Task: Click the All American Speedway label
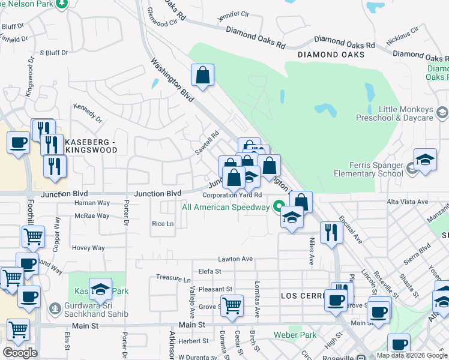226,208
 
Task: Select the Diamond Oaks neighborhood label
331,55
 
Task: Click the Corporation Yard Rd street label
232,195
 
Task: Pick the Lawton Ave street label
235,259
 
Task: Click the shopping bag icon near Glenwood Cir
203,76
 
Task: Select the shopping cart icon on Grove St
232,305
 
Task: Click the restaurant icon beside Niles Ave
331,232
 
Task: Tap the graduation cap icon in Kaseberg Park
101,290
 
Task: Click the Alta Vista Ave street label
408,202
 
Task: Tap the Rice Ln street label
163,224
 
